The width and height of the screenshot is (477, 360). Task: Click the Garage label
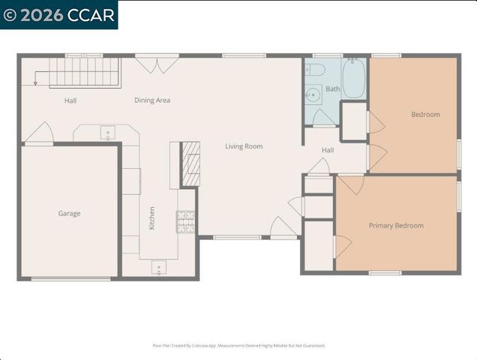[x=69, y=214]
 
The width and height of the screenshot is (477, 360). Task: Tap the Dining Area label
[x=152, y=100]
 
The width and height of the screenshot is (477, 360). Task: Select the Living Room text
[x=244, y=146]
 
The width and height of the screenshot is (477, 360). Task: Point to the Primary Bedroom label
[x=395, y=226]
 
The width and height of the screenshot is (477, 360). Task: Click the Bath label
[x=332, y=89]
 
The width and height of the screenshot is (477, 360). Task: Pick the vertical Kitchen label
[x=151, y=217]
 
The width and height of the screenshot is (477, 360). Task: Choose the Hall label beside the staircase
[x=70, y=100]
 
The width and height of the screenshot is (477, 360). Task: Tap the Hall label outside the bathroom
[x=328, y=150]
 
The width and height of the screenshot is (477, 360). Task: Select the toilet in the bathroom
[x=316, y=70]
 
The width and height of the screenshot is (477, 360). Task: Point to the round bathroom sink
[x=314, y=94]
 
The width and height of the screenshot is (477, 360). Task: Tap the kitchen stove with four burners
[x=186, y=220]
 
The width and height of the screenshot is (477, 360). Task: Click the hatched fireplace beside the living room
[x=191, y=163]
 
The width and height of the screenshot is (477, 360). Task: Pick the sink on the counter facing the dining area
[x=107, y=133]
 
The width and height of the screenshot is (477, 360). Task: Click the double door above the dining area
[x=157, y=64]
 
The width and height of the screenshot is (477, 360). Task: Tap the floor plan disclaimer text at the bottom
[x=238, y=346]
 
